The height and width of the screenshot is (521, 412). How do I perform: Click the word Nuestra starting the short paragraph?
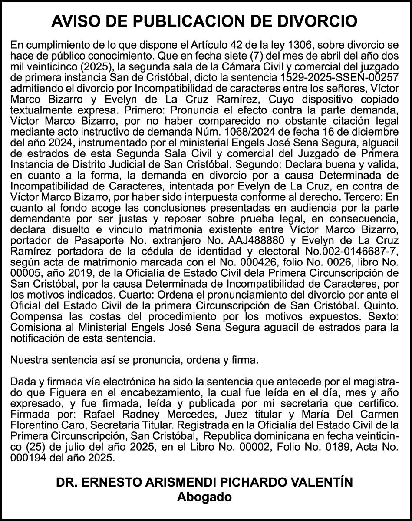click(28, 360)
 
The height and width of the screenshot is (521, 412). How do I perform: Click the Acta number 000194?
click(27, 458)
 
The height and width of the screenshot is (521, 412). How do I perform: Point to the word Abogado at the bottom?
click(204, 497)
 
